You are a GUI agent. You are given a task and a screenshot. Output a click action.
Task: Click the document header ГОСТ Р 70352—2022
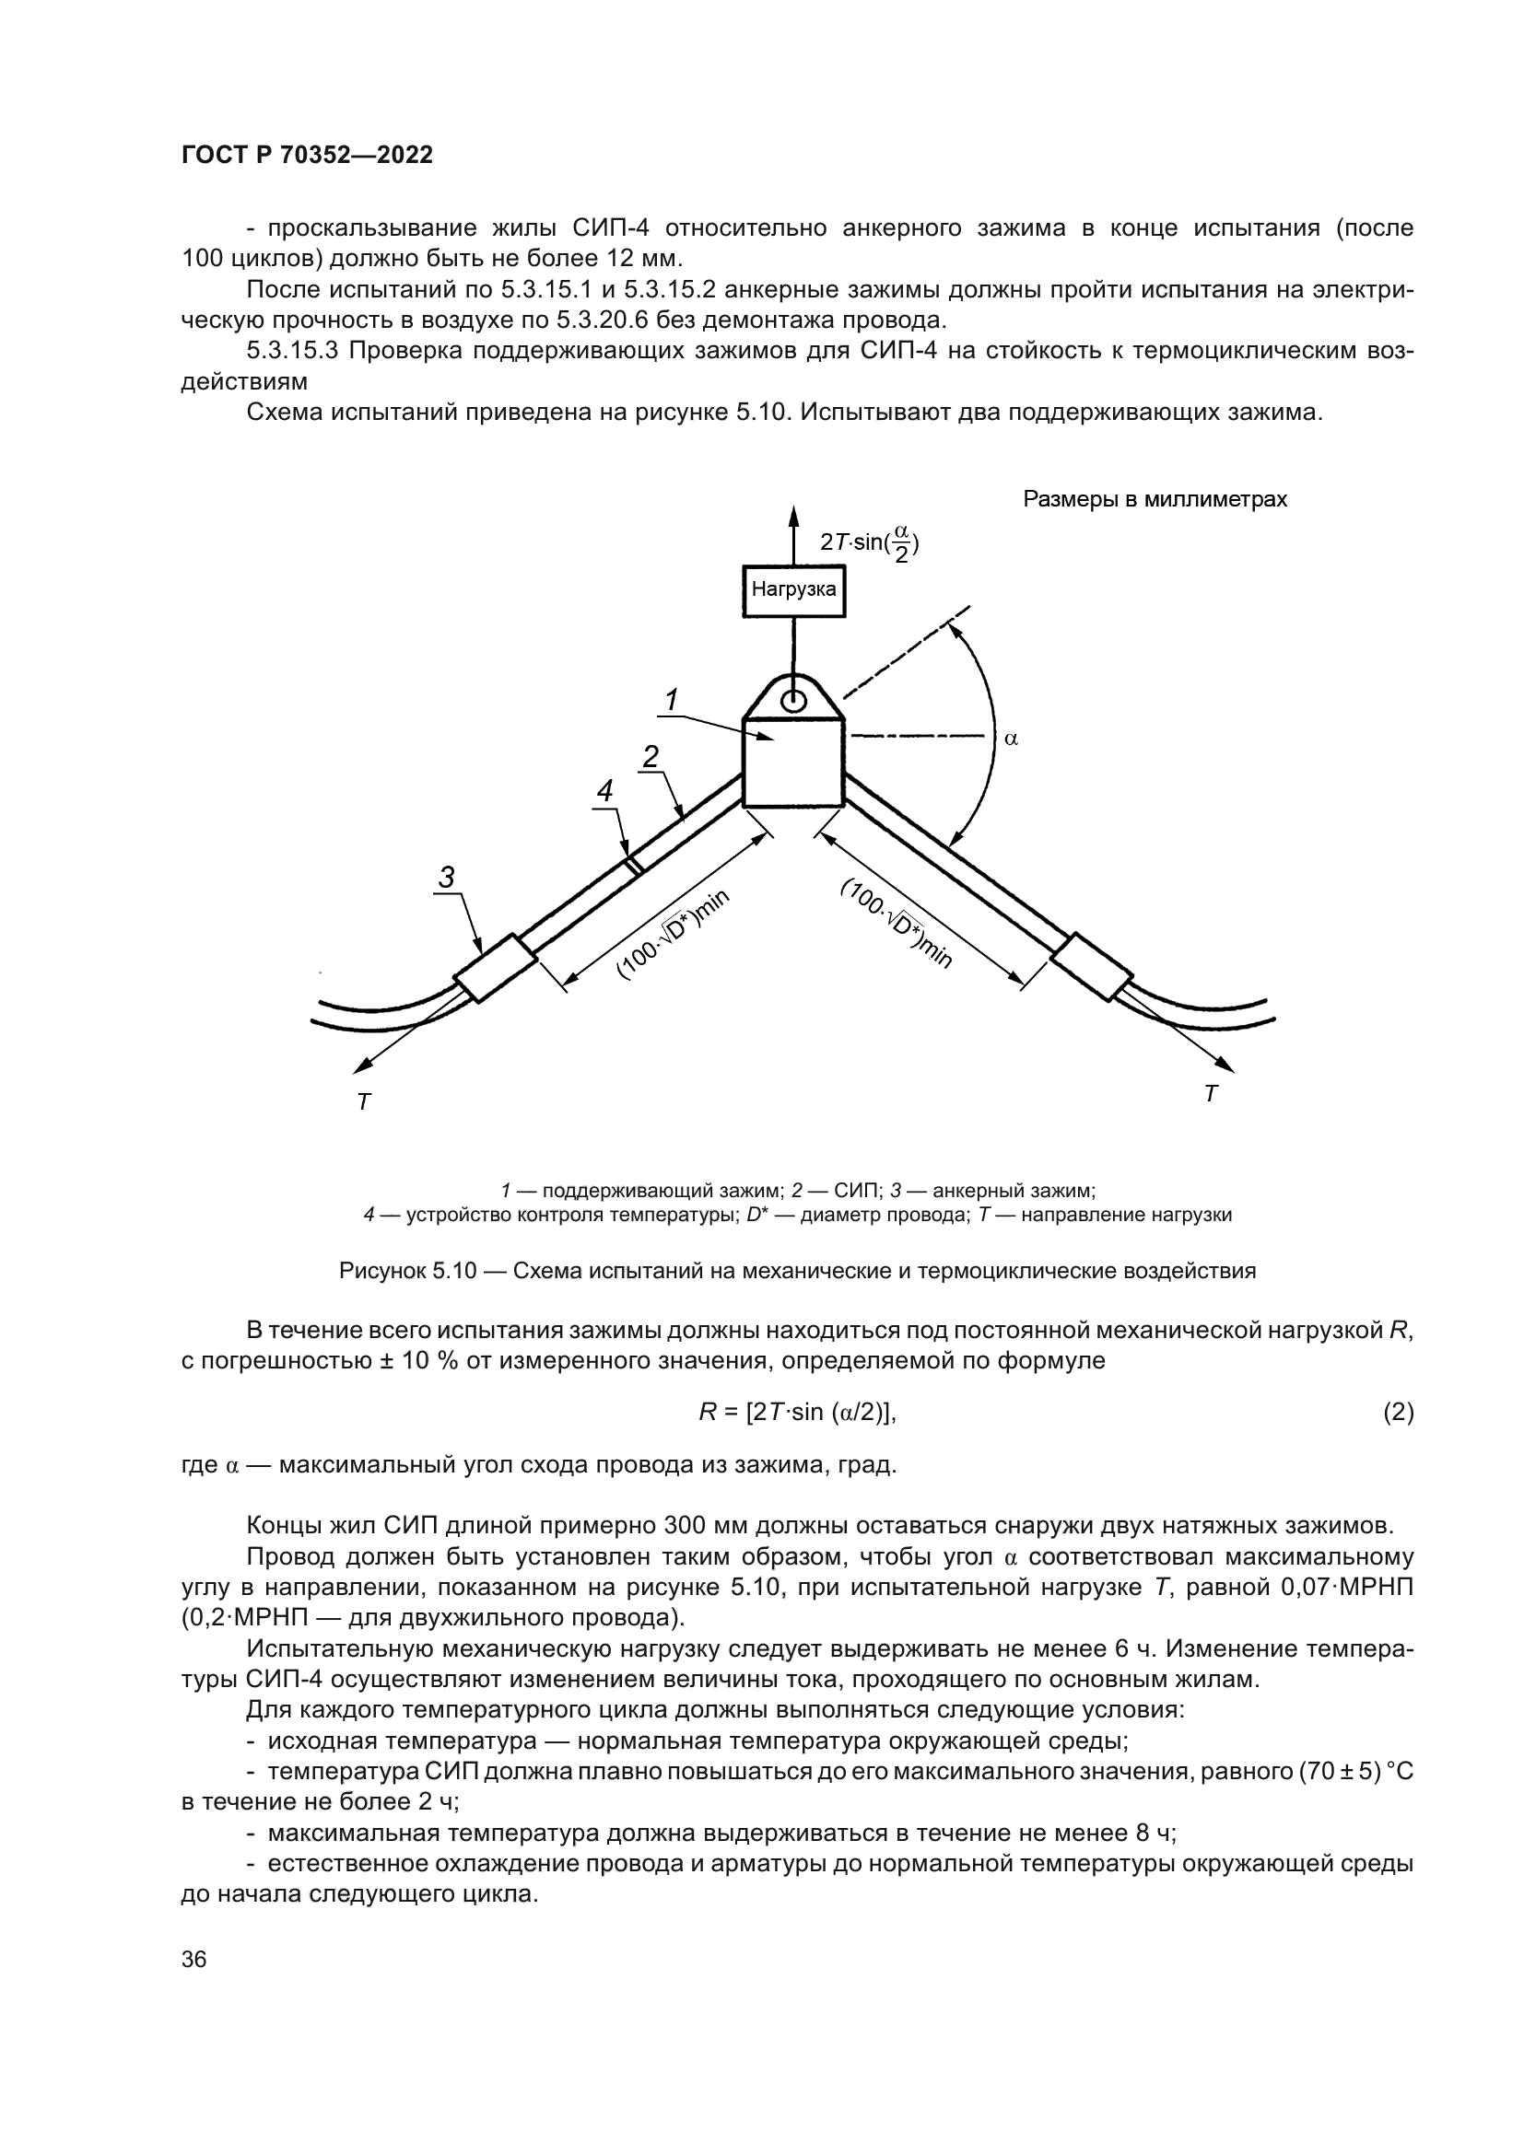click(307, 156)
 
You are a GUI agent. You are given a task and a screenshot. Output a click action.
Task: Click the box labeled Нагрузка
click(793, 591)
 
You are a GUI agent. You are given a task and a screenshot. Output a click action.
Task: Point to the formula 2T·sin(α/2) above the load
click(869, 543)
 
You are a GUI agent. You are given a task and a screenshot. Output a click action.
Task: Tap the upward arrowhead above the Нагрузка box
click(793, 515)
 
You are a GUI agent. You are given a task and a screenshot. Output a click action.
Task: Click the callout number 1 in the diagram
click(672, 700)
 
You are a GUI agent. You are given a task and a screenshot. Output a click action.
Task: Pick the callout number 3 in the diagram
click(447, 878)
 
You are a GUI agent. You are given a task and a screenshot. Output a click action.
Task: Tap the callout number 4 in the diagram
click(605, 791)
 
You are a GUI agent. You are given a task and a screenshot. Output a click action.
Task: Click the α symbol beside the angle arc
click(1011, 739)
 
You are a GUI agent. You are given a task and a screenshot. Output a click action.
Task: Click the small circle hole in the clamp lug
click(794, 700)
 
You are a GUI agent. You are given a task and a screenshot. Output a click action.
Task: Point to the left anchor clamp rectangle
click(496, 967)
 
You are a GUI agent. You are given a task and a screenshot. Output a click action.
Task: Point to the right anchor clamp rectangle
click(1091, 967)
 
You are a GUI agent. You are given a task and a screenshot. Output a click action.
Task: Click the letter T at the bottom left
click(364, 1101)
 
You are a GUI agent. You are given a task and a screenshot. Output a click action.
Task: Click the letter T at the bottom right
click(1211, 1093)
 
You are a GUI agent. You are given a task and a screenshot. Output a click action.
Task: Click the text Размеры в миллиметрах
click(1155, 499)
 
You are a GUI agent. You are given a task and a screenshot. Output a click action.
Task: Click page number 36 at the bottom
click(194, 1959)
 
